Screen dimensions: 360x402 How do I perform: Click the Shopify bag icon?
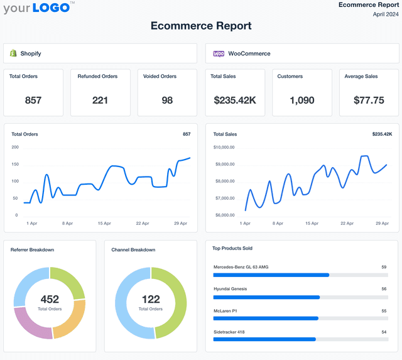13,53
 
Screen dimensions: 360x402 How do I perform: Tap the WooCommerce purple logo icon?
219,53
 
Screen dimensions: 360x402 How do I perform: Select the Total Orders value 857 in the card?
33,100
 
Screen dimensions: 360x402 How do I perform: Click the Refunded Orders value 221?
100,100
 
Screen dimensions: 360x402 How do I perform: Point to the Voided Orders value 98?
167,100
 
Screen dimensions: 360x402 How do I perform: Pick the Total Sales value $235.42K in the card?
235,100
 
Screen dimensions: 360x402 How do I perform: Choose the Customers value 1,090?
302,100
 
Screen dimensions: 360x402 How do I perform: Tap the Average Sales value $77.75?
369,100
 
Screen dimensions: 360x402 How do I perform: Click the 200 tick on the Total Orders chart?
15,147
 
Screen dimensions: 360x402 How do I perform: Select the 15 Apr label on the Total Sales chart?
312,223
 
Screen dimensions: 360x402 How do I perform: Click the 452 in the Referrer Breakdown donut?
50,300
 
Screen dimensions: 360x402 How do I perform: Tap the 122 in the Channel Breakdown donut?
151,300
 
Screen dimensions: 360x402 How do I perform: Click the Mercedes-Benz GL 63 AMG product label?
241,267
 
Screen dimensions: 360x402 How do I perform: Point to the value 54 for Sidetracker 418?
383,332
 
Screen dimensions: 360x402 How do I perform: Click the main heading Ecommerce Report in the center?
201,26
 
